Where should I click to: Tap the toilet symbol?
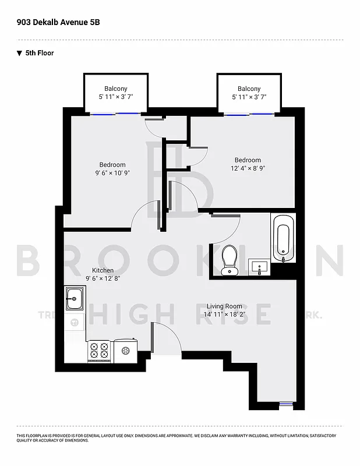coord(230,259)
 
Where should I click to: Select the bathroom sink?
coord(259,268)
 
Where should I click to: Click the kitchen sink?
coord(74,299)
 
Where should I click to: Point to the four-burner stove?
coord(99,351)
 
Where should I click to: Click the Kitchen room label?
coord(103,270)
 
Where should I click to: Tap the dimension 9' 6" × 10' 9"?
coord(112,173)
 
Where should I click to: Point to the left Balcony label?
coord(116,89)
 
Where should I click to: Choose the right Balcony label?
coord(249,89)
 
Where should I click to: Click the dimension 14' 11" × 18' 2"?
coord(225,315)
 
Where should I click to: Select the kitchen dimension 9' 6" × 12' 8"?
coord(103,278)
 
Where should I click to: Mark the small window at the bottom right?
coord(284,403)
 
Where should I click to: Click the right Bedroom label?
coord(248,160)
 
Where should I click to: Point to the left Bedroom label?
coord(112,165)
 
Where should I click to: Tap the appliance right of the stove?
coord(125,351)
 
